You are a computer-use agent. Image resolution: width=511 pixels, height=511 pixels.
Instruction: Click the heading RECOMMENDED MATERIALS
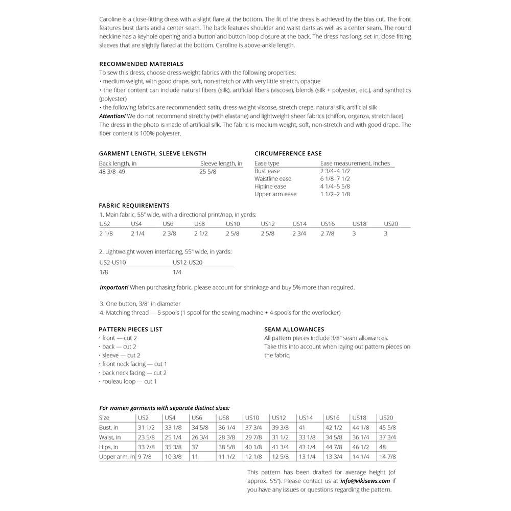141,64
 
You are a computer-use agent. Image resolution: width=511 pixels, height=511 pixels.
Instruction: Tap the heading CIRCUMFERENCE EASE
288,153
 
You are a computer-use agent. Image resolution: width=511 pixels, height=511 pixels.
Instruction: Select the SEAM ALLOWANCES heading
294,330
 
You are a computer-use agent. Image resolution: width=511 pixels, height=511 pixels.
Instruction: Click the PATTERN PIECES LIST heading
130,330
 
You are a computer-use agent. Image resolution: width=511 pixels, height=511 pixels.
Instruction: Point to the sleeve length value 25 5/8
208,172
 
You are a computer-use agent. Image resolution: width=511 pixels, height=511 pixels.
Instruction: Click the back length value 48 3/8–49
112,172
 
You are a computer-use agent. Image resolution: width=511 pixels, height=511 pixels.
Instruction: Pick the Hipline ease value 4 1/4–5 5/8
335,187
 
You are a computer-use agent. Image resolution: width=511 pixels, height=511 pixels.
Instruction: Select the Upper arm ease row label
275,194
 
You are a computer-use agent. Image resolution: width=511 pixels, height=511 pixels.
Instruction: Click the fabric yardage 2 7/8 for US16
328,234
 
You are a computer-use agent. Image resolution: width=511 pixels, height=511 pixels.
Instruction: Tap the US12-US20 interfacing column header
188,262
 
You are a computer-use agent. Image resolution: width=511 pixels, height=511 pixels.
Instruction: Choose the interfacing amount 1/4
177,272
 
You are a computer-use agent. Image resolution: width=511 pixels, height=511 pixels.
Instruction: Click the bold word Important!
114,288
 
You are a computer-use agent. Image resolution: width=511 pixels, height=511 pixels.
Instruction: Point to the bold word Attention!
112,116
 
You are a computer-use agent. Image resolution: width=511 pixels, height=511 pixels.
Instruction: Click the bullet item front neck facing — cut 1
133,364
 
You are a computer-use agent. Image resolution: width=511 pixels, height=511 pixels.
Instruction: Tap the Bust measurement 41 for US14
302,428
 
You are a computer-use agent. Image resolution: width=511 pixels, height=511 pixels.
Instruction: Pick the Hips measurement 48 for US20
383,447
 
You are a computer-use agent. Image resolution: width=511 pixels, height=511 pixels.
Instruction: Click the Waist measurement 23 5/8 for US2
146,437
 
